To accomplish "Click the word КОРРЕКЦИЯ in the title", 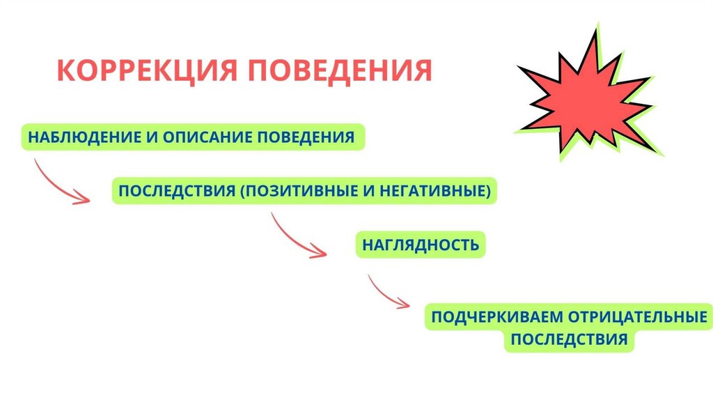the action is (146, 71).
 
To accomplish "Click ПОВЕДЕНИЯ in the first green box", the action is (306, 136).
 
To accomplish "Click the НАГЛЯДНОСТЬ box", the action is (420, 245).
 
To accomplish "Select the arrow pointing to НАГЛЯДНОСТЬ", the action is (296, 236).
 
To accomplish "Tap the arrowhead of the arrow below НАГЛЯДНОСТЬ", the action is (404, 304).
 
